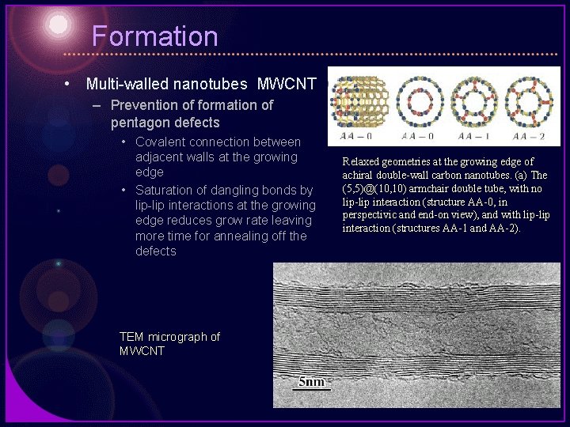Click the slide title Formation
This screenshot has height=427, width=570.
coord(154,36)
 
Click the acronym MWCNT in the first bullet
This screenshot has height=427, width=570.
coord(287,84)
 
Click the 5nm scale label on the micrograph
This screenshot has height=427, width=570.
coord(311,382)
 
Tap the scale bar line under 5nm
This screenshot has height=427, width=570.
coord(311,390)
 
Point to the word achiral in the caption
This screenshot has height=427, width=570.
coord(359,175)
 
